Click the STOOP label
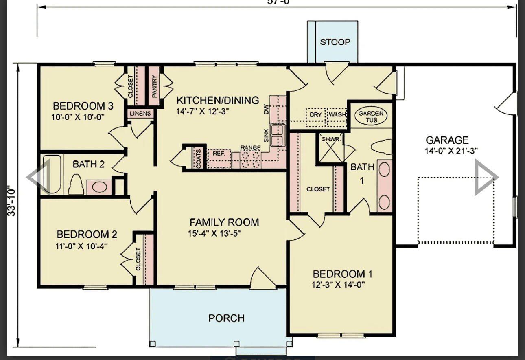tap(335, 42)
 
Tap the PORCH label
tap(226, 318)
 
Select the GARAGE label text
tap(447, 140)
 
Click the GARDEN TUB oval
tap(371, 114)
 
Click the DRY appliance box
tap(316, 115)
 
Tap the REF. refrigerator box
tap(219, 159)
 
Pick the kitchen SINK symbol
tap(278, 136)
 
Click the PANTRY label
tap(154, 86)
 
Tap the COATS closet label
tap(198, 158)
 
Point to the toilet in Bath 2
tap(76, 185)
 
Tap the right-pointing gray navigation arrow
tap(486, 177)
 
